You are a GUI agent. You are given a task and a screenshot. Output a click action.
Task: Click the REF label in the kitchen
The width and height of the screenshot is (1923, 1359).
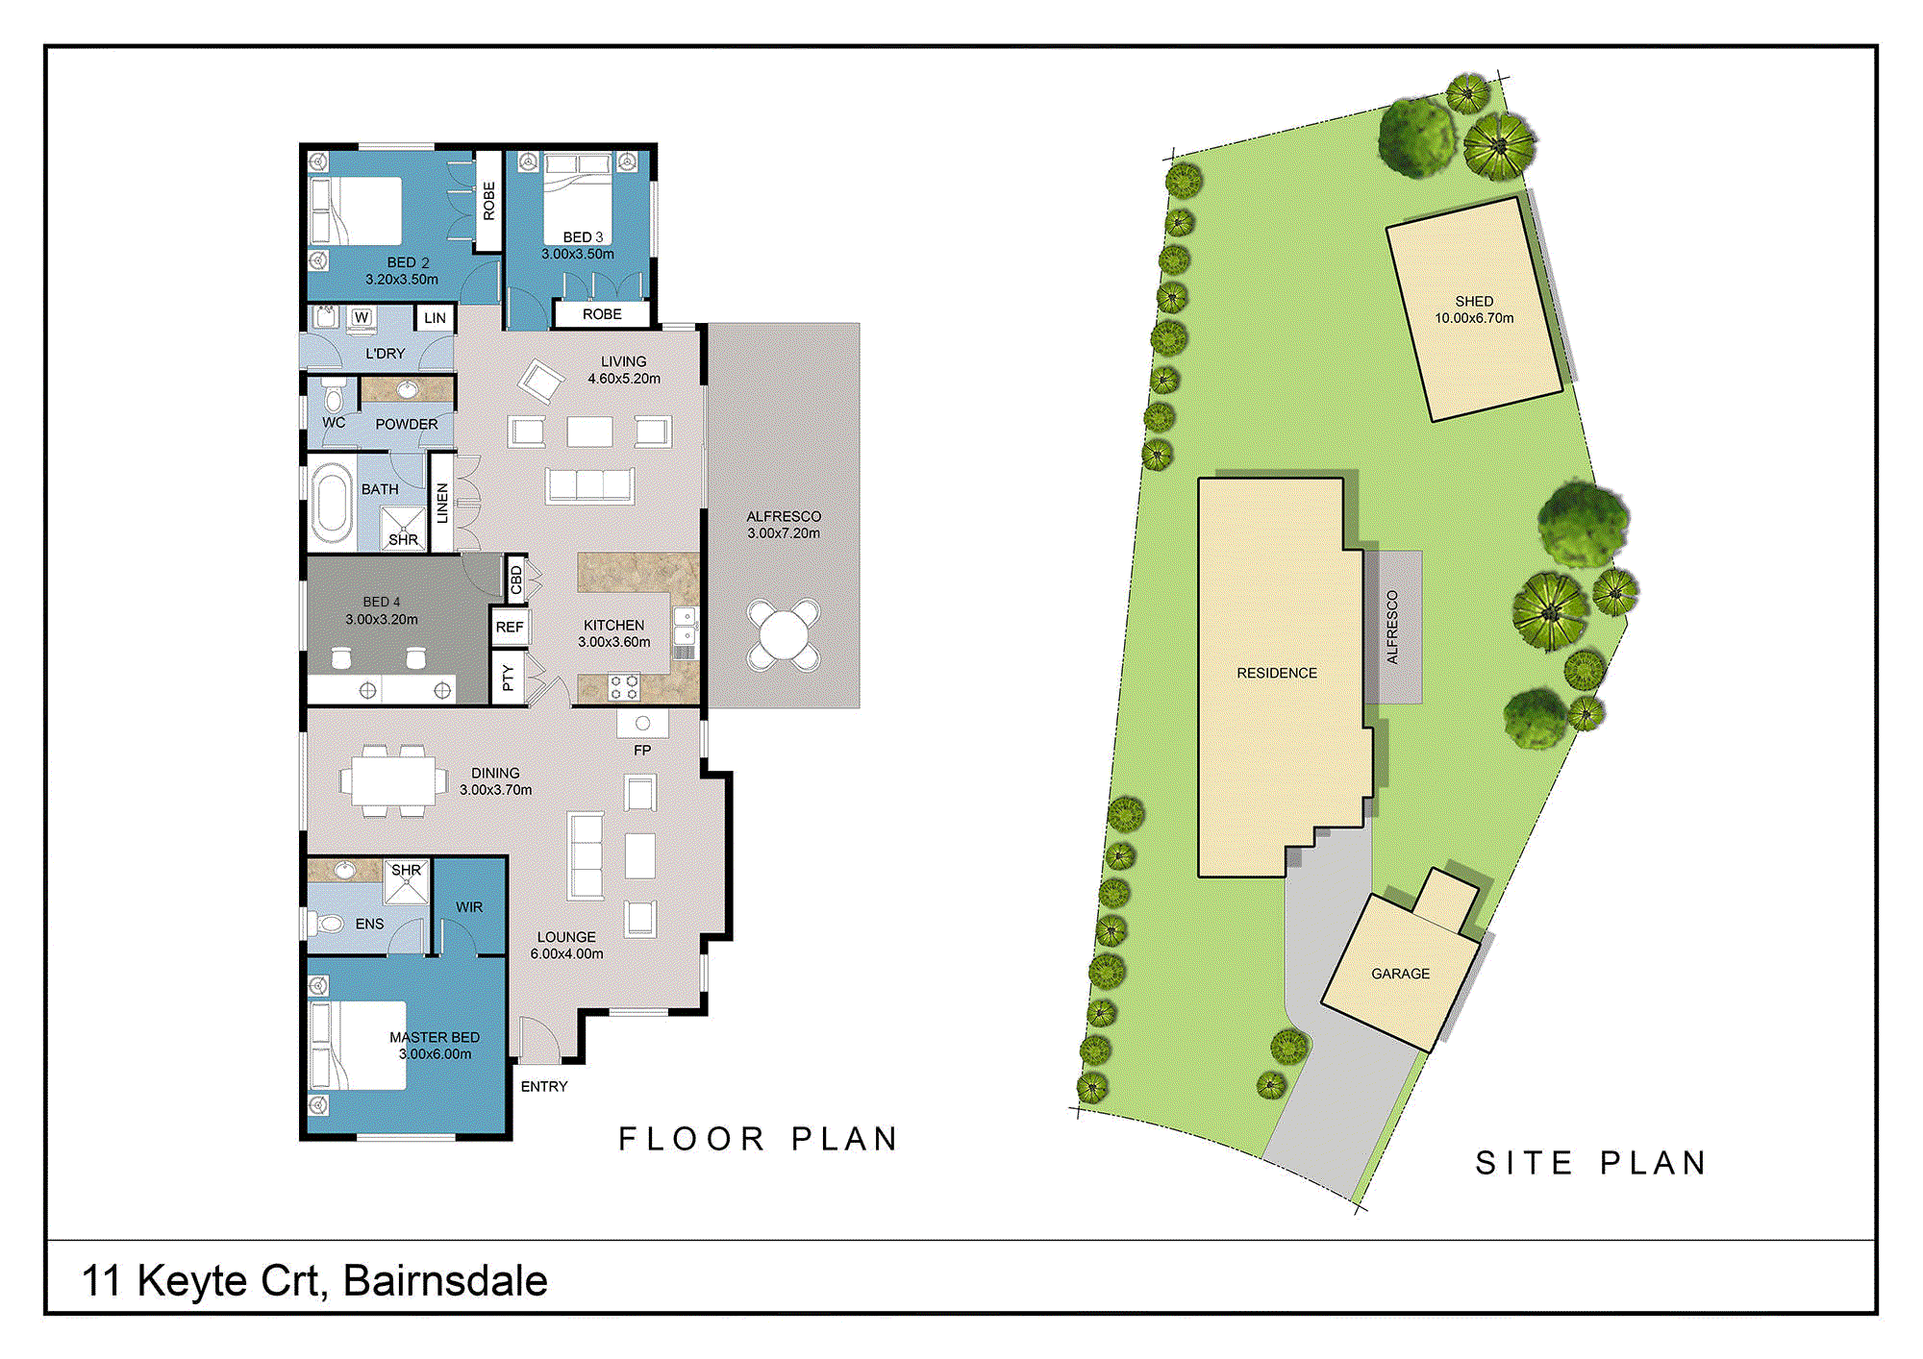(x=510, y=628)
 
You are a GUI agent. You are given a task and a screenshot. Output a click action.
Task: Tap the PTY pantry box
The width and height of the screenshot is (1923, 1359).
(x=508, y=679)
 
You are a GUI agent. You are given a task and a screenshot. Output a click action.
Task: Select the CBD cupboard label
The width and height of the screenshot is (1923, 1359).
(x=516, y=580)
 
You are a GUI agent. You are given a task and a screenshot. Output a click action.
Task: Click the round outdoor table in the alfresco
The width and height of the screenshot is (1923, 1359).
(x=784, y=634)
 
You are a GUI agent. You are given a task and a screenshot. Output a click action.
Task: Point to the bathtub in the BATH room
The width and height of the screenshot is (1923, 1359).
(x=332, y=503)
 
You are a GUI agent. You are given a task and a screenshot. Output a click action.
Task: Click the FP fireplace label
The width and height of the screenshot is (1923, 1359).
(x=642, y=750)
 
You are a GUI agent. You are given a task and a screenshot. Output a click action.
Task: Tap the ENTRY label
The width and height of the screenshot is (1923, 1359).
(x=544, y=1086)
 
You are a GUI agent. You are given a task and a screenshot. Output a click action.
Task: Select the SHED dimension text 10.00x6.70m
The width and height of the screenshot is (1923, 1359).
(x=1474, y=318)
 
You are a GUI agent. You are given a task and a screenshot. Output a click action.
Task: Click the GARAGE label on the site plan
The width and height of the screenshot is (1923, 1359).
(x=1400, y=974)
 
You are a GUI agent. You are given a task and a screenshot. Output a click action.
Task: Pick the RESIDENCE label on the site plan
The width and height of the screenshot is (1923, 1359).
(x=1277, y=673)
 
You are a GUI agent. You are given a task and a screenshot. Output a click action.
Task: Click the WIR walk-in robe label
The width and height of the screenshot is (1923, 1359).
(x=469, y=907)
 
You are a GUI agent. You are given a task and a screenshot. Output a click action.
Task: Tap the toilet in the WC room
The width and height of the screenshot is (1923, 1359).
(x=334, y=396)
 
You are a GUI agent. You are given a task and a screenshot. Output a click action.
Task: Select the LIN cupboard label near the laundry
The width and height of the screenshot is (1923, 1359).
(x=435, y=318)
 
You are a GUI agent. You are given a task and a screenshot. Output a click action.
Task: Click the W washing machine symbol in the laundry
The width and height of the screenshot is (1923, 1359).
(x=362, y=317)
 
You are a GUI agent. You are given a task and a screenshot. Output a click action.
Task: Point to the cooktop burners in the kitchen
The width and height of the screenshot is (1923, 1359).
(x=623, y=686)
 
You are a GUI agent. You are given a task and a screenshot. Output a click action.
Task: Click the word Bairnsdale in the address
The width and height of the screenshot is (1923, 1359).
(x=445, y=1281)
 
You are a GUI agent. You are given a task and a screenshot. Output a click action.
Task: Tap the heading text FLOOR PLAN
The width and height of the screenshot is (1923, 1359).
(x=759, y=1139)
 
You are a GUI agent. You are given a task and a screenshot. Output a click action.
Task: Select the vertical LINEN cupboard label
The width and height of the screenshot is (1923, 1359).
(x=442, y=504)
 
